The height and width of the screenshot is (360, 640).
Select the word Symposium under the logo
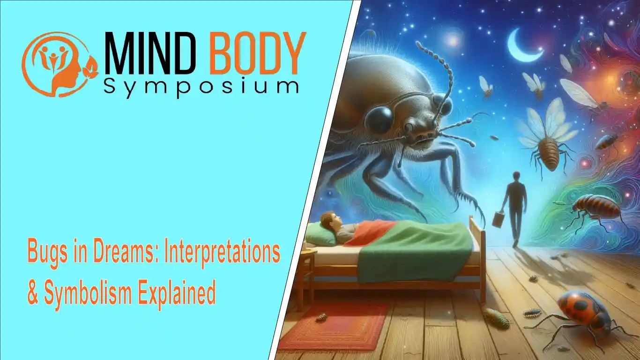[x=201, y=86]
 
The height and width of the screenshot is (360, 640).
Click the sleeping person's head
[x=330, y=220]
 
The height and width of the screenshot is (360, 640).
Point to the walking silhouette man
[x=515, y=206]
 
